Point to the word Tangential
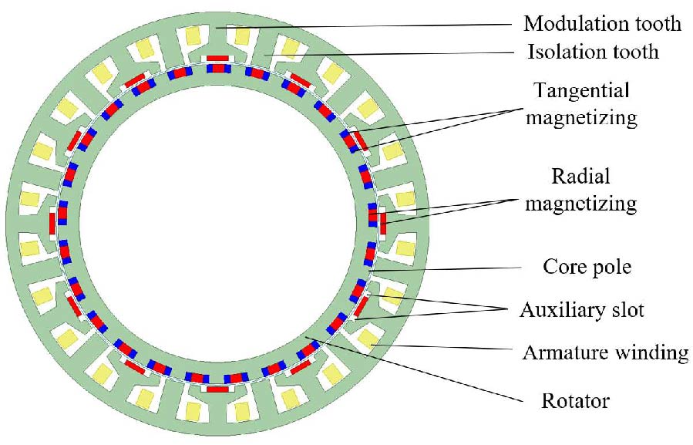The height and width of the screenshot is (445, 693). (x=581, y=90)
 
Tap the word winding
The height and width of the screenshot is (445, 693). (x=649, y=354)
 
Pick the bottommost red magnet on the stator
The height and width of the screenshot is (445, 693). (x=217, y=389)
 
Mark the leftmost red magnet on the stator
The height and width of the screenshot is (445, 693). (x=52, y=224)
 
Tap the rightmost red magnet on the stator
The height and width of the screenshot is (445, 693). (x=382, y=222)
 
